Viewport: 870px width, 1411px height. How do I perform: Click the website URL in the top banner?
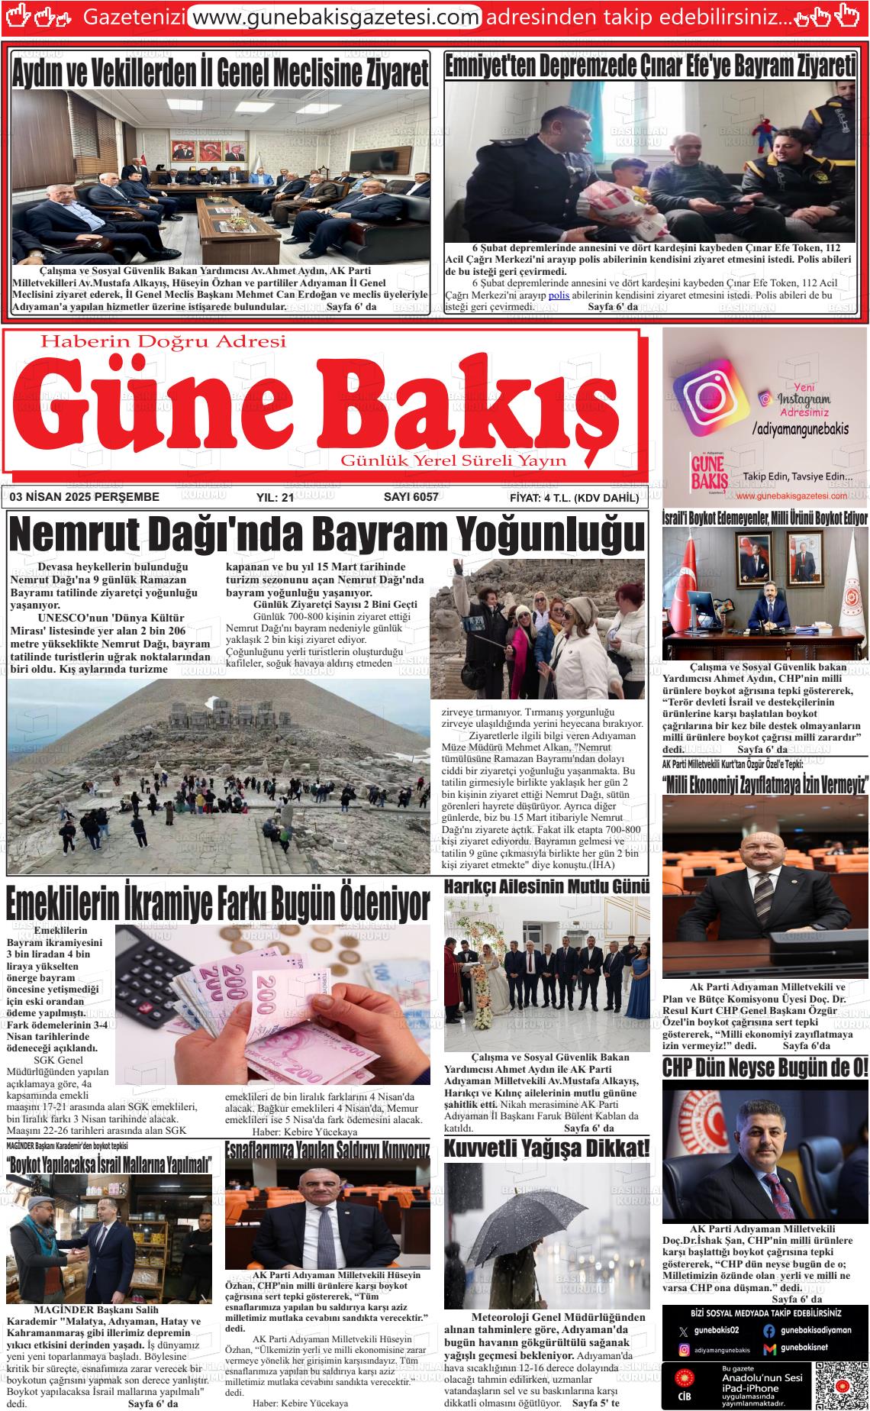click(x=334, y=16)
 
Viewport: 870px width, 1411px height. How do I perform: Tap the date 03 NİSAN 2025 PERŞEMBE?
click(x=85, y=497)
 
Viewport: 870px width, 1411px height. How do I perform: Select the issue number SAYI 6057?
click(x=411, y=497)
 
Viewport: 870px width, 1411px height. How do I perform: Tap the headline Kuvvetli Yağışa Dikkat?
click(x=547, y=1148)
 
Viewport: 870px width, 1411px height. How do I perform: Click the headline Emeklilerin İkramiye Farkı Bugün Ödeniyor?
click(x=218, y=905)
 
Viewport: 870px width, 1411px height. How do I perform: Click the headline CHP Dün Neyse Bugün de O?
click(x=765, y=1067)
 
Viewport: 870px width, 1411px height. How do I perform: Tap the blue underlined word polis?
click(x=559, y=295)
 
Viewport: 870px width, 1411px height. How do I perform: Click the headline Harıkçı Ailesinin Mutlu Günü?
click(x=546, y=886)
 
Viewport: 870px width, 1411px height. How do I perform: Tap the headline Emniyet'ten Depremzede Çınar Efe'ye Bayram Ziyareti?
click(x=649, y=67)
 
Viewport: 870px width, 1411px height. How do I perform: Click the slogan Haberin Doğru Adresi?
click(x=163, y=341)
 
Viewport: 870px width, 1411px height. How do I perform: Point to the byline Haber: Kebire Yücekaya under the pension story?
click(x=304, y=1132)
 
